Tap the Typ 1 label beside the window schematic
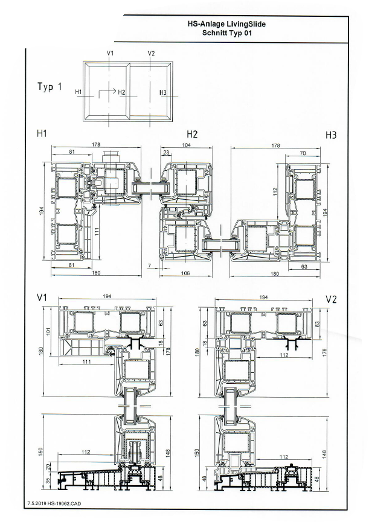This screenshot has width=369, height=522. [50, 87]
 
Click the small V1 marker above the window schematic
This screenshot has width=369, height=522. [110, 53]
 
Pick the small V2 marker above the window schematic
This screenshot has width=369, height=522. [151, 53]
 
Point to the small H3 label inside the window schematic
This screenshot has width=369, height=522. [162, 92]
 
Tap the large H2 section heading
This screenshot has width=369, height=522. [192, 133]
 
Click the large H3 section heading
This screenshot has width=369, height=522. [331, 135]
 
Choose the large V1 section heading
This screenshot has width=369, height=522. [42, 298]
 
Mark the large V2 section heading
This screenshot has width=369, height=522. [331, 299]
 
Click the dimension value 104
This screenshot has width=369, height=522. [186, 146]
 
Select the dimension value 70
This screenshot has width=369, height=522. [303, 153]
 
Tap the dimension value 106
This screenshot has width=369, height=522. [185, 273]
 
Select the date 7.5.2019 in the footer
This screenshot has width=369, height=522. [37, 502]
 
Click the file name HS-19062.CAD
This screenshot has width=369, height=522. [66, 502]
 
